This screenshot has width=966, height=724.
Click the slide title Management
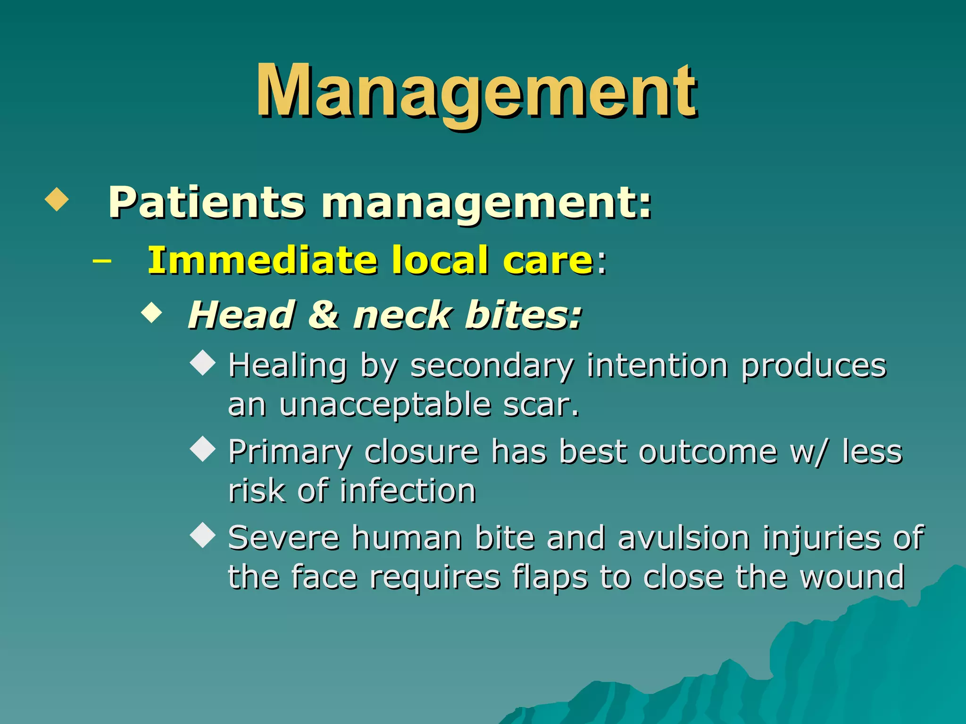click(476, 92)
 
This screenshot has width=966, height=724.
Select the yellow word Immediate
click(262, 260)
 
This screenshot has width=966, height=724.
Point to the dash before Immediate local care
click(102, 260)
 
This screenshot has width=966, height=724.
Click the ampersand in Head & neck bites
click(323, 315)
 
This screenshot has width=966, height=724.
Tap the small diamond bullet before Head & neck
click(151, 313)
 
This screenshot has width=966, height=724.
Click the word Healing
click(288, 366)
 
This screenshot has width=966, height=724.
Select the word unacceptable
click(385, 405)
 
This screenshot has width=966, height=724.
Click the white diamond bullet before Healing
click(203, 363)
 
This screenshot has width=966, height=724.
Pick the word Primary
click(290, 452)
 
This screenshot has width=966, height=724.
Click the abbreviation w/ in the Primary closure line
click(808, 452)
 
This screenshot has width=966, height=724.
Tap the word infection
click(408, 491)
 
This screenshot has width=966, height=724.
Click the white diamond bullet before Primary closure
click(203, 449)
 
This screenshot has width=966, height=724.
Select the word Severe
click(283, 538)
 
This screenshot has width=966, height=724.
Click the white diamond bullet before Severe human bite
click(203, 535)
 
